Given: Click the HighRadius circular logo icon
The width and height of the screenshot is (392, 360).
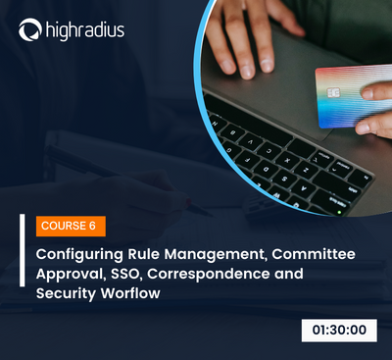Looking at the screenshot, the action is (x=30, y=29).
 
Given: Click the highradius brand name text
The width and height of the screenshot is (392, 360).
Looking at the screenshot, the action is (x=85, y=30).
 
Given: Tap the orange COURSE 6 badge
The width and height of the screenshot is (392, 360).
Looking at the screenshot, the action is (x=71, y=226).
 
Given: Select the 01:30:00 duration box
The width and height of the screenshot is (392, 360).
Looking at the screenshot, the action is (x=339, y=331).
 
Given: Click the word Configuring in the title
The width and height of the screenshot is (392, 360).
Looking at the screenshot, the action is (x=79, y=255).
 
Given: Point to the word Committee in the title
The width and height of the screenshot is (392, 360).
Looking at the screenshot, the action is (x=314, y=254).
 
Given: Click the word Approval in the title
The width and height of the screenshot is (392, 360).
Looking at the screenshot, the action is (x=72, y=275).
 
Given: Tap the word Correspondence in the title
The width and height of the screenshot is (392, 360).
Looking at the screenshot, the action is (x=208, y=275).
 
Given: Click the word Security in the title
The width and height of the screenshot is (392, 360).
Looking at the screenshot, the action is (x=66, y=293).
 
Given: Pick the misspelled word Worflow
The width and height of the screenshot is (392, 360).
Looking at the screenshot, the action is (x=130, y=293).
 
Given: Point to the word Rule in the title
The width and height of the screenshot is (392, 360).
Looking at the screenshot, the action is (x=143, y=254).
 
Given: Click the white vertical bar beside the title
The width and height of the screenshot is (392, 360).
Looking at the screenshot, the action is (x=23, y=250).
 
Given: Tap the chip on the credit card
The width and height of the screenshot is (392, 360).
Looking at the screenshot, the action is (x=333, y=93).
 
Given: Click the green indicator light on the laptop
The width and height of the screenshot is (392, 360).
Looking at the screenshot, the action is (x=339, y=213).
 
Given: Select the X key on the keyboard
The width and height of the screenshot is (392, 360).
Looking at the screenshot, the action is (x=287, y=161).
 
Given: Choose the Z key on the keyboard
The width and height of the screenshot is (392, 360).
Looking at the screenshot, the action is (x=306, y=171).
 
